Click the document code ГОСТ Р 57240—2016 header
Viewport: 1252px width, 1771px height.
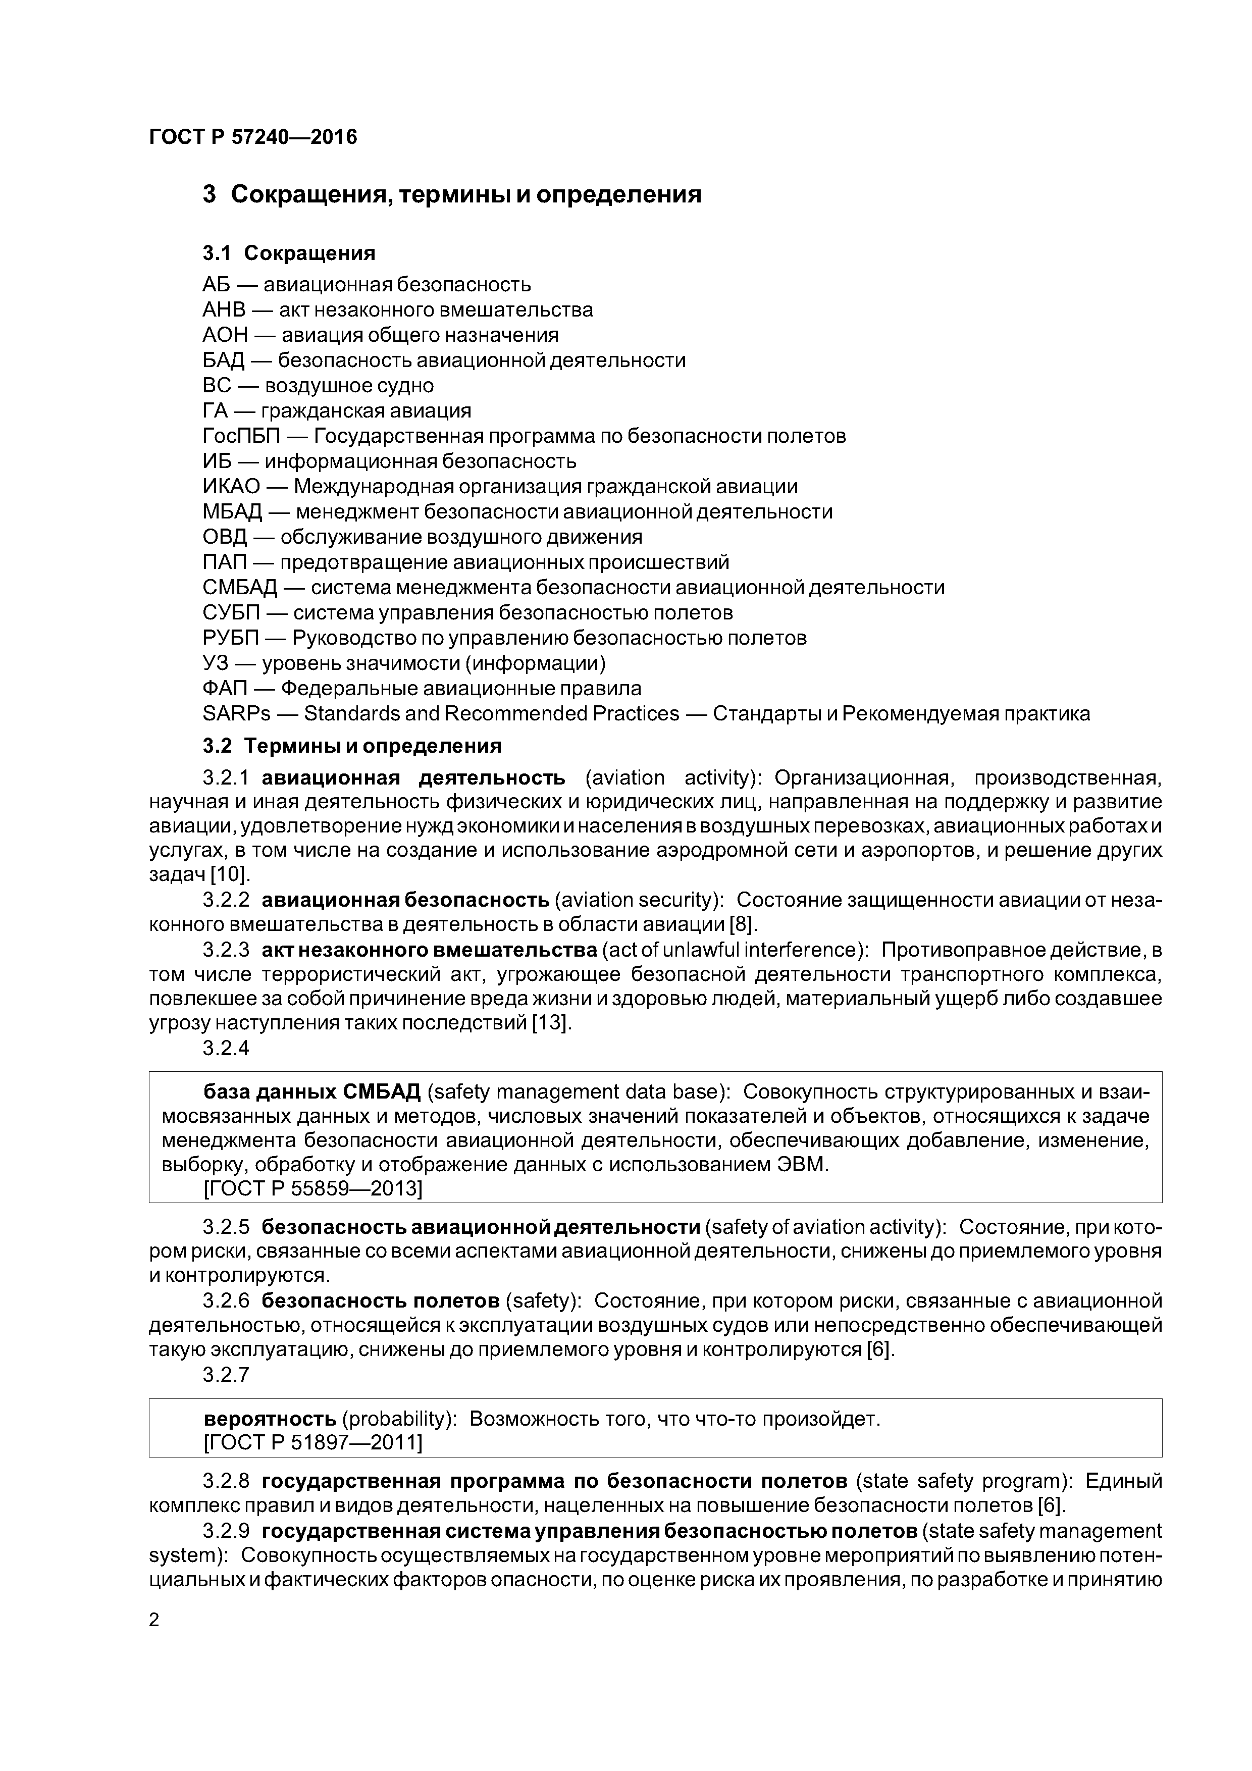[x=253, y=137]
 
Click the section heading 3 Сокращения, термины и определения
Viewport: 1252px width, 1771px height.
[x=452, y=194]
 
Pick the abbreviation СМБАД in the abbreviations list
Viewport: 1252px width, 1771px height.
[x=239, y=588]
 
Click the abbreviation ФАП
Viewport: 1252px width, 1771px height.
[x=225, y=688]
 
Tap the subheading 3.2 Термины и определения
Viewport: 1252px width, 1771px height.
[x=352, y=746]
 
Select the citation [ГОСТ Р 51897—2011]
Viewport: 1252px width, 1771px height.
[x=312, y=1442]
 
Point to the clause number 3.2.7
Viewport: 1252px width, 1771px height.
[x=226, y=1375]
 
